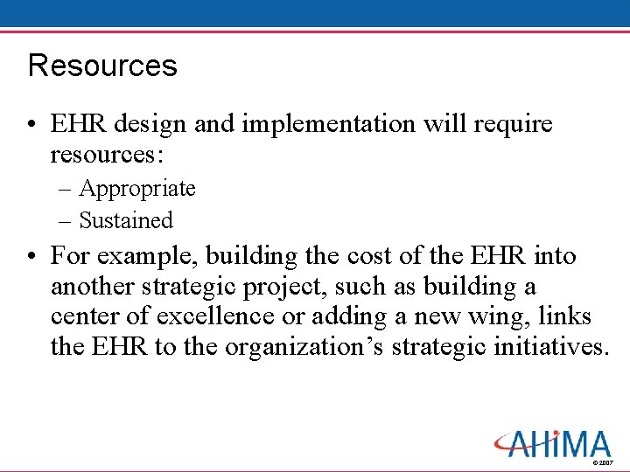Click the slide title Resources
click(x=102, y=66)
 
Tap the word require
click(x=514, y=124)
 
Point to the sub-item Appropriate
click(x=137, y=189)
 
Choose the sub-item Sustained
click(x=126, y=220)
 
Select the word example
click(x=135, y=257)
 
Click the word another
click(x=94, y=287)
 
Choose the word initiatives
click(x=545, y=346)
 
